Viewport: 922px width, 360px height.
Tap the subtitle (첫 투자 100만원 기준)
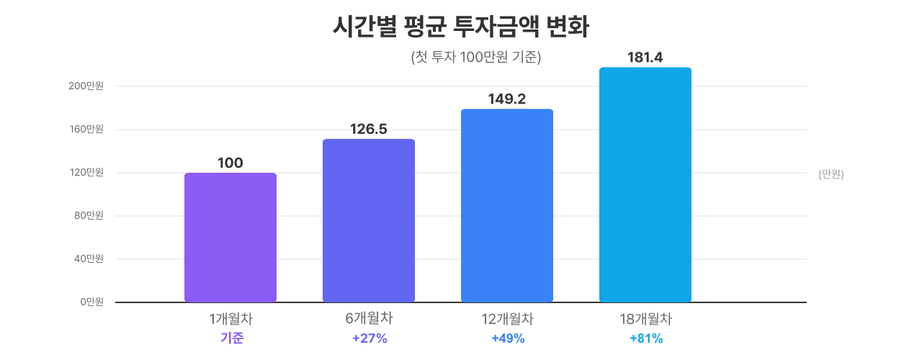coord(475,58)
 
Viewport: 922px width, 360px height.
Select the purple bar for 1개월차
coord(230,238)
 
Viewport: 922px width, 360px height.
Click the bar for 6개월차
coord(369,220)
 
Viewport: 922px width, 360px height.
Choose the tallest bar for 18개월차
coord(645,184)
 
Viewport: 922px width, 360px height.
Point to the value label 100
coord(230,163)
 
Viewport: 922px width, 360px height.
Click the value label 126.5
coord(369,129)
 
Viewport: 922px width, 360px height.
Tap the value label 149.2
coord(507,99)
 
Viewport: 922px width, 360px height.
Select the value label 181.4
coord(645,57)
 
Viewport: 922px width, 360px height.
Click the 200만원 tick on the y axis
coord(86,86)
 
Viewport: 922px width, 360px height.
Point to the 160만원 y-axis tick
coord(86,130)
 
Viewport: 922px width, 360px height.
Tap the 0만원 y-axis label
coord(91,302)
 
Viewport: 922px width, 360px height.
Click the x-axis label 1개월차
coord(230,318)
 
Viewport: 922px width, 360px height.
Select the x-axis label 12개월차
coord(507,318)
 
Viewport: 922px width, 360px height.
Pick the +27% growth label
coord(370,338)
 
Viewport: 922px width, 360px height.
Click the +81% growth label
coord(646,338)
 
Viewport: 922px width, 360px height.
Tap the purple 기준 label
coord(232,338)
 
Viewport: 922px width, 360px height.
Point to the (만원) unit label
coord(831,174)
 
